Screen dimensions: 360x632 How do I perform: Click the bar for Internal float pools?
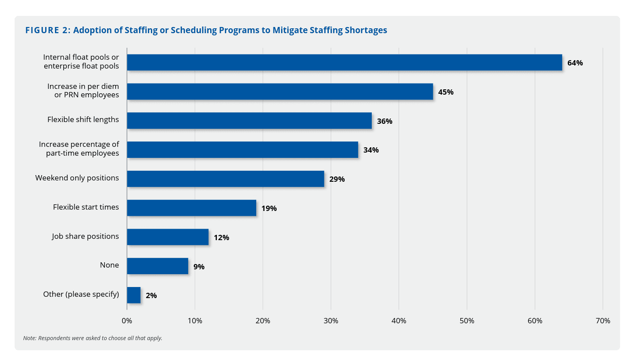pyautogui.click(x=344, y=62)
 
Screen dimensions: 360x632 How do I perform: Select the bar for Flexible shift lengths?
pyautogui.click(x=249, y=121)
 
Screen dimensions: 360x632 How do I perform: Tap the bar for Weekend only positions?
pyautogui.click(x=225, y=179)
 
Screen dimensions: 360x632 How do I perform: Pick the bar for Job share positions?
pyautogui.click(x=168, y=237)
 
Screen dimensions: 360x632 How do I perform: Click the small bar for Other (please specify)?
pyautogui.click(x=134, y=295)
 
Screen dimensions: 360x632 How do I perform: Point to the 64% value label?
pyautogui.click(x=575, y=63)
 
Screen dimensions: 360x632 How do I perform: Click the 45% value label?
pyautogui.click(x=446, y=92)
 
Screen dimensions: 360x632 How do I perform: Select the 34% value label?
pyautogui.click(x=371, y=150)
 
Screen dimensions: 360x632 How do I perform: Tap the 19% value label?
pyautogui.click(x=269, y=208)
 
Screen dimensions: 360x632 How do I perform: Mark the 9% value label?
pyautogui.click(x=199, y=267)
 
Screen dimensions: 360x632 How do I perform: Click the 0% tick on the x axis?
pyautogui.click(x=127, y=321)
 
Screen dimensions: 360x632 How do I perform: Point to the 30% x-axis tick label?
pyautogui.click(x=331, y=321)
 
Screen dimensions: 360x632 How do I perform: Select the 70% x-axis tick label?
pyautogui.click(x=603, y=321)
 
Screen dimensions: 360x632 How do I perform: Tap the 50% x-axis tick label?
pyautogui.click(x=467, y=321)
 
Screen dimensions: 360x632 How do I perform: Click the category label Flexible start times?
pyautogui.click(x=86, y=207)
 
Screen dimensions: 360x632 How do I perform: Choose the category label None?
pyautogui.click(x=109, y=265)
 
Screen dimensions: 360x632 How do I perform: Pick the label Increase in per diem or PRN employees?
pyautogui.click(x=83, y=91)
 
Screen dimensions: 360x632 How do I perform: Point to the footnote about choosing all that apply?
pyautogui.click(x=92, y=338)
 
